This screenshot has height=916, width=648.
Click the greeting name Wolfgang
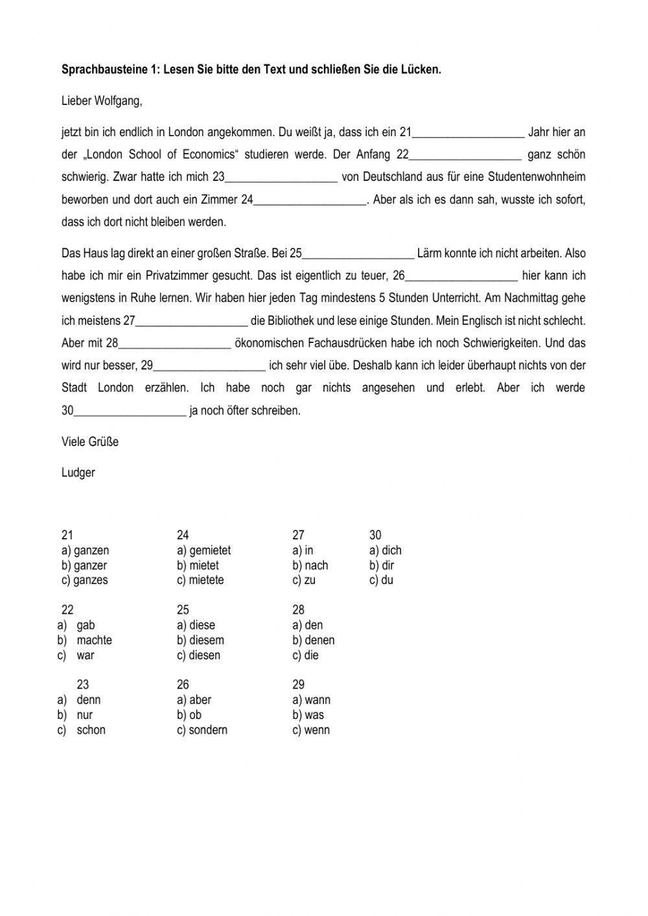[x=118, y=101]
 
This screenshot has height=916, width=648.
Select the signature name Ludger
[x=78, y=473]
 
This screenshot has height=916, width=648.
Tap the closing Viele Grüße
[x=90, y=442]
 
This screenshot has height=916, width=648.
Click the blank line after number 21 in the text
[x=469, y=134]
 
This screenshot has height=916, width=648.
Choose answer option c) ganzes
[x=85, y=580]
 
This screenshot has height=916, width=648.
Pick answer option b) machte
[x=94, y=640]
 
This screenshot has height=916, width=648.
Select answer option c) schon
[x=91, y=730]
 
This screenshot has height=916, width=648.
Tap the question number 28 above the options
[x=298, y=610]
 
